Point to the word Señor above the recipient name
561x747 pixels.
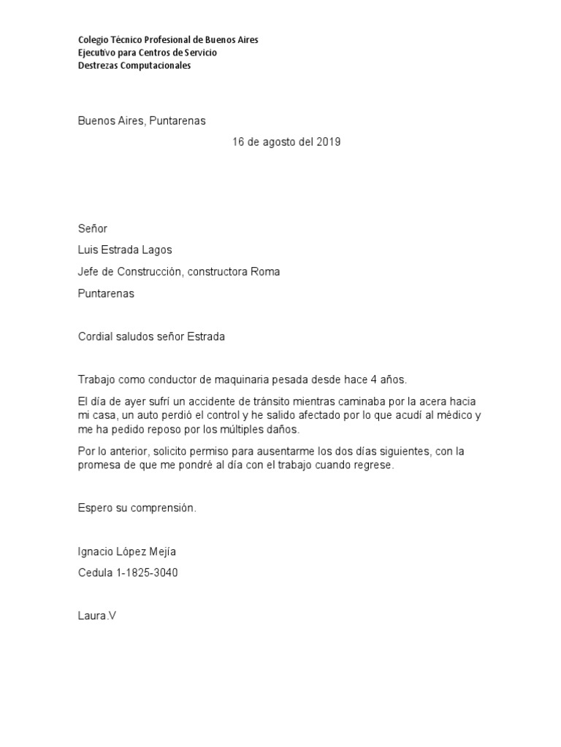[93, 229]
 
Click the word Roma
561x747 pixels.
[265, 271]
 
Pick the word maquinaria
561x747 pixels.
[252, 380]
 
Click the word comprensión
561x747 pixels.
[165, 508]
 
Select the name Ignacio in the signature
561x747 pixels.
[96, 551]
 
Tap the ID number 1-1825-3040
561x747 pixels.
[147, 573]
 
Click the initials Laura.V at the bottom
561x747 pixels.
[97, 616]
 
